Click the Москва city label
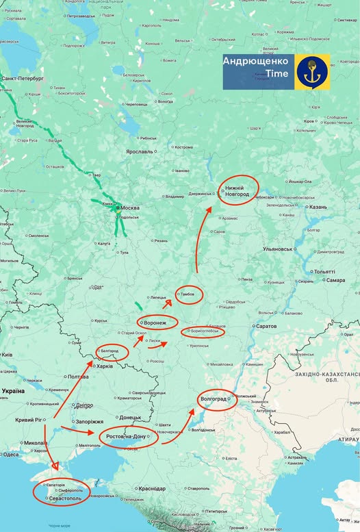point(131,207)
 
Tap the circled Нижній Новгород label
point(237,190)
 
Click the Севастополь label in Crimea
point(64,498)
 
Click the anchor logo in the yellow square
point(313,72)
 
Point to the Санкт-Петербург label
point(22,79)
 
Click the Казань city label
point(318,207)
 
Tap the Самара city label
point(335,280)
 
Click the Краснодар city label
point(151,488)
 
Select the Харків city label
point(104,366)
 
